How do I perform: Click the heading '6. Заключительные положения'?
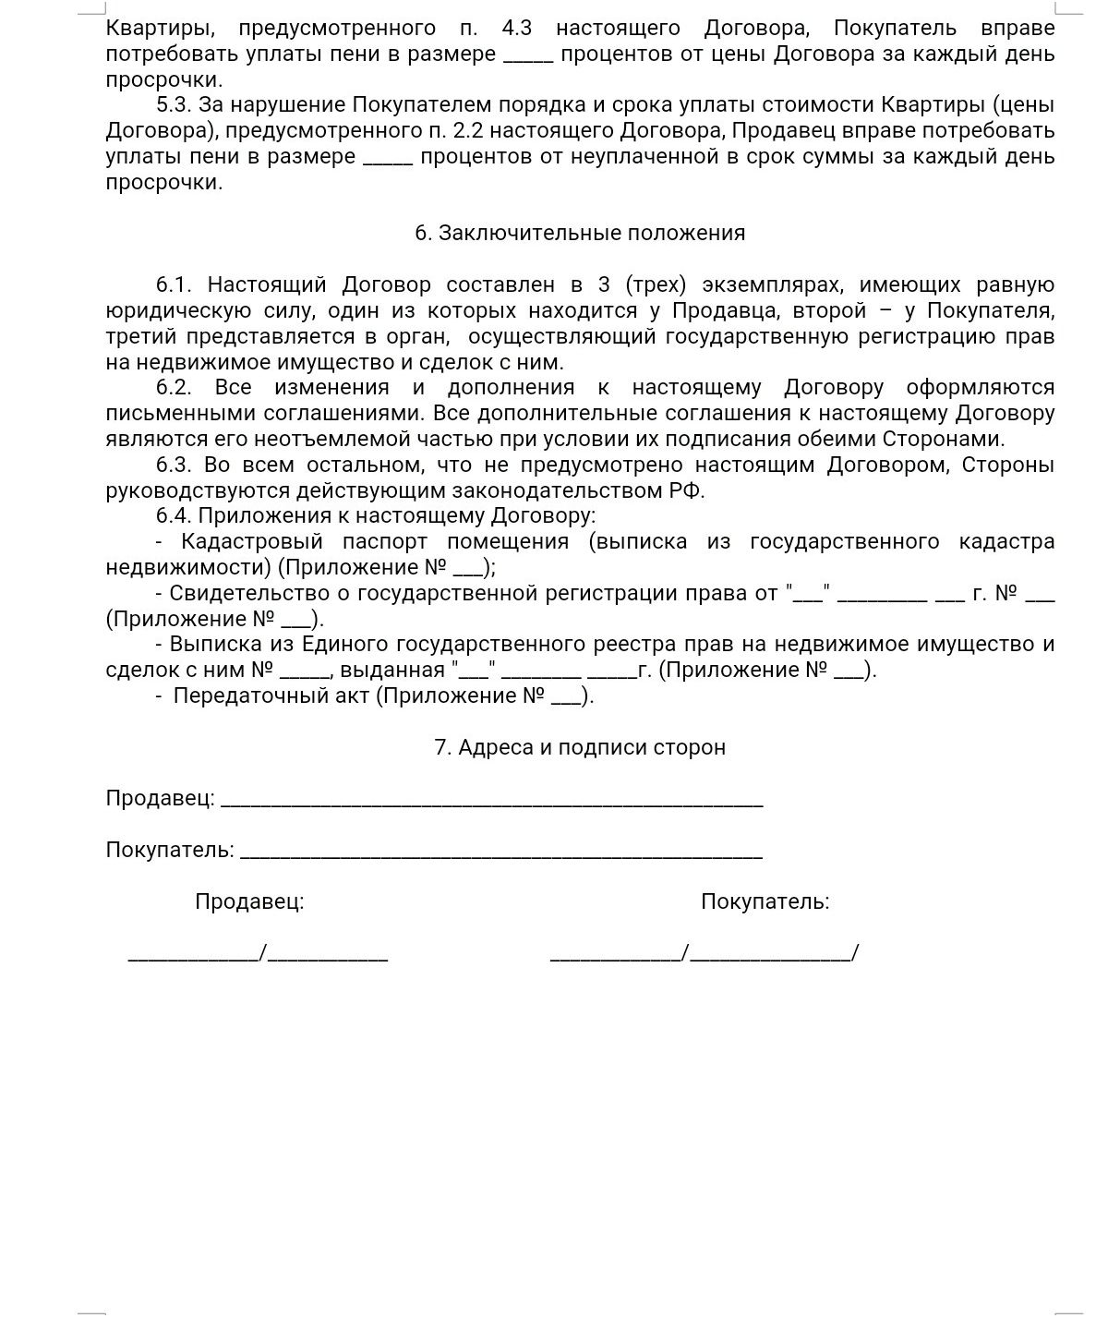[x=580, y=233]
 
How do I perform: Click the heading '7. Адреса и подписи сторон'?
[x=580, y=747]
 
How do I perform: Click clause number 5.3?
[x=175, y=105]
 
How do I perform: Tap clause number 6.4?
[x=175, y=516]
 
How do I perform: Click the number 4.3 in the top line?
[x=516, y=28]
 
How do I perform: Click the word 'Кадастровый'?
[x=251, y=542]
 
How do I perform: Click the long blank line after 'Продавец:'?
[x=491, y=801]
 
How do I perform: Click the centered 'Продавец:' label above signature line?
[x=249, y=902]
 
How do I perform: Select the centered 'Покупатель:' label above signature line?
[x=765, y=902]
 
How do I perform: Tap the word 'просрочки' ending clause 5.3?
[x=164, y=183]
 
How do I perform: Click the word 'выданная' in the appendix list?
[x=392, y=671]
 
